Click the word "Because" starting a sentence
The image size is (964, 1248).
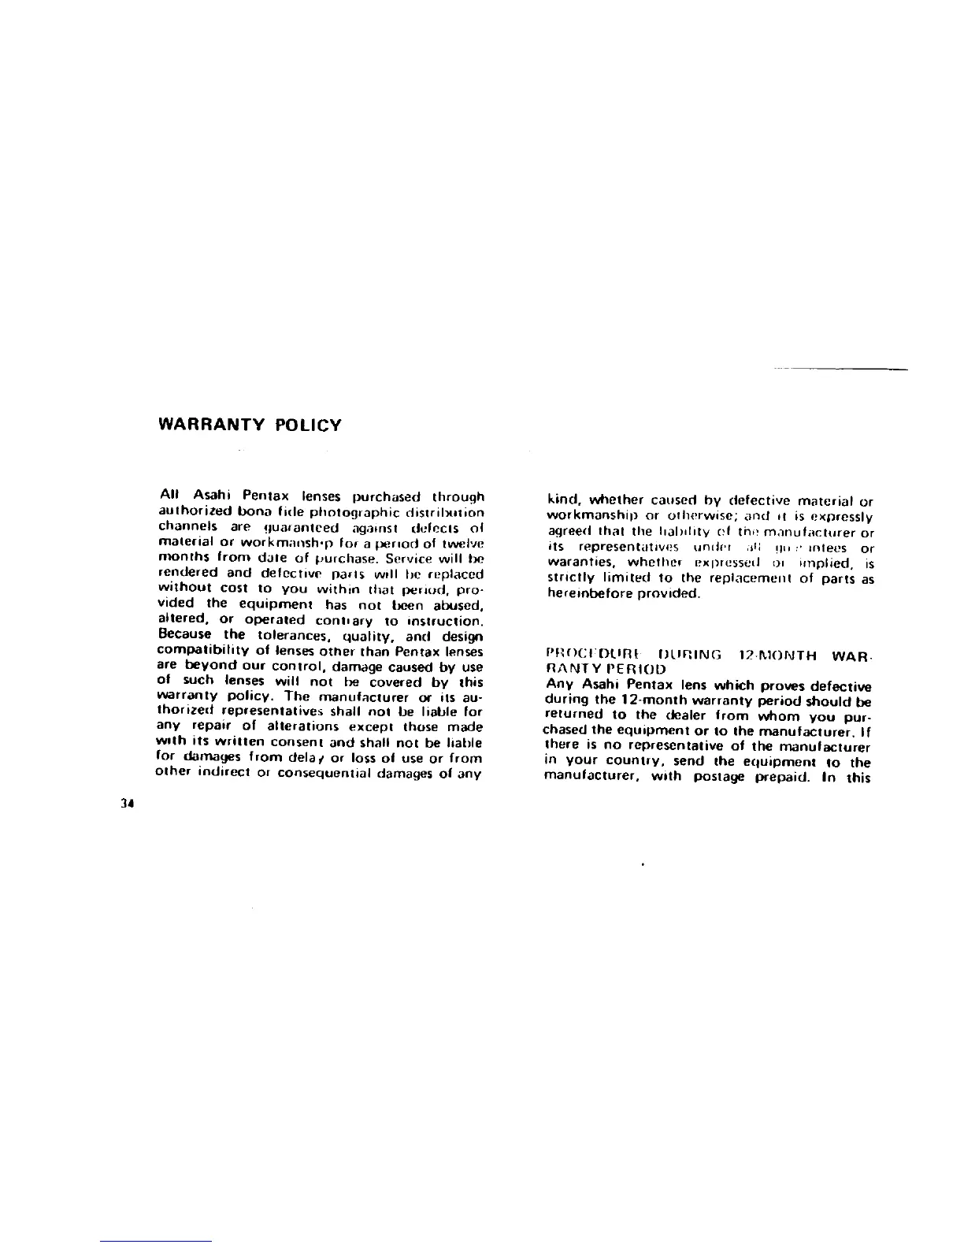point(185,635)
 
